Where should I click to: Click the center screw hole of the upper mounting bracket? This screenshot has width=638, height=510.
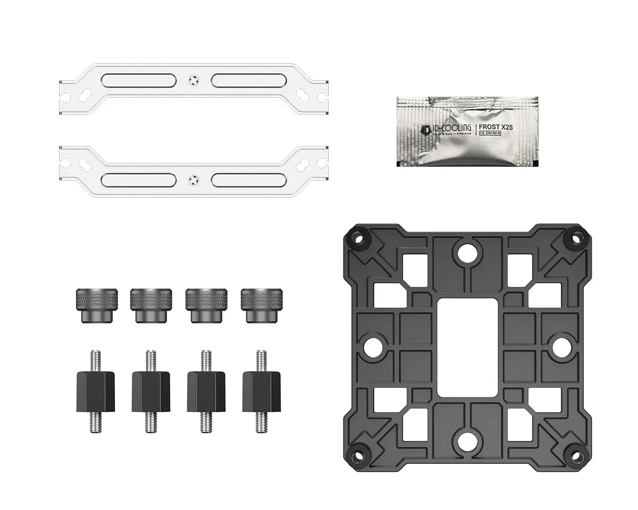coord(193,80)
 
